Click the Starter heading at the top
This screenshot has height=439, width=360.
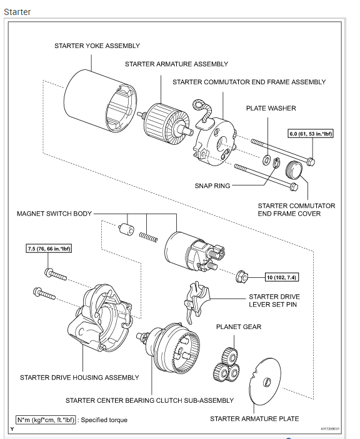click(x=17, y=12)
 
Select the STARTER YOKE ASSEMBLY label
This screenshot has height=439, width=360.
click(x=97, y=46)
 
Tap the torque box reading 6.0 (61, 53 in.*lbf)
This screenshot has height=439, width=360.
click(x=311, y=134)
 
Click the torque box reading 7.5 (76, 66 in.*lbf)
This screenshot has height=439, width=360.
click(x=49, y=249)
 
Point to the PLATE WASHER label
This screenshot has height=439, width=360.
click(x=271, y=109)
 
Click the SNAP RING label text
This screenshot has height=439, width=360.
click(x=212, y=186)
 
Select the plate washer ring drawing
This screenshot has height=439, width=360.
click(x=266, y=160)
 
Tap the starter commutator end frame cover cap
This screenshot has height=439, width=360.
click(x=294, y=170)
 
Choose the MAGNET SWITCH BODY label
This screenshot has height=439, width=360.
click(x=54, y=214)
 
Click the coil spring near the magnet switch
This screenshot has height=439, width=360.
click(x=148, y=237)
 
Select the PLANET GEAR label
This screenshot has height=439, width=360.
click(x=239, y=327)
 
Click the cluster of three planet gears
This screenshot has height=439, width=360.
click(x=227, y=365)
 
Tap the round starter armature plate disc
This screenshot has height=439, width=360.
click(x=265, y=381)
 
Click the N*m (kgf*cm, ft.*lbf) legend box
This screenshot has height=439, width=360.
click(x=46, y=420)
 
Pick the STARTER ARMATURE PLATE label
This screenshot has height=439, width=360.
click(x=254, y=419)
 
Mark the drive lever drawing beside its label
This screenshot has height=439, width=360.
click(x=197, y=302)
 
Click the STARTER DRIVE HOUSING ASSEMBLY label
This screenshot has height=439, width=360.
click(x=79, y=377)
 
